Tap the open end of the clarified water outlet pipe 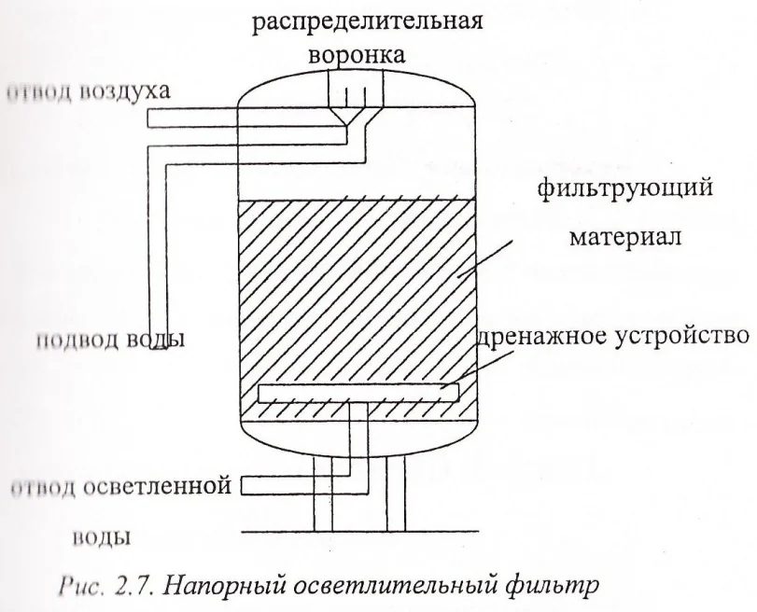[x=243, y=485]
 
